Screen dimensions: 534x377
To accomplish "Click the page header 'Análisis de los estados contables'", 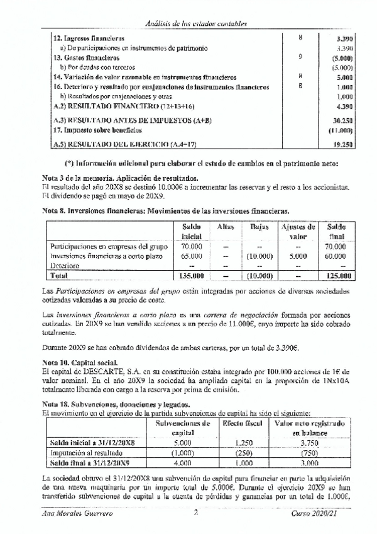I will [195, 23].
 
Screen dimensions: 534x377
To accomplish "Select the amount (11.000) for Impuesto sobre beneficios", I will [340, 130].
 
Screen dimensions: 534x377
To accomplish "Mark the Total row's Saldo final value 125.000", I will [336, 276].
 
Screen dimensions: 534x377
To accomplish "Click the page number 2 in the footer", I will [196, 514].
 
